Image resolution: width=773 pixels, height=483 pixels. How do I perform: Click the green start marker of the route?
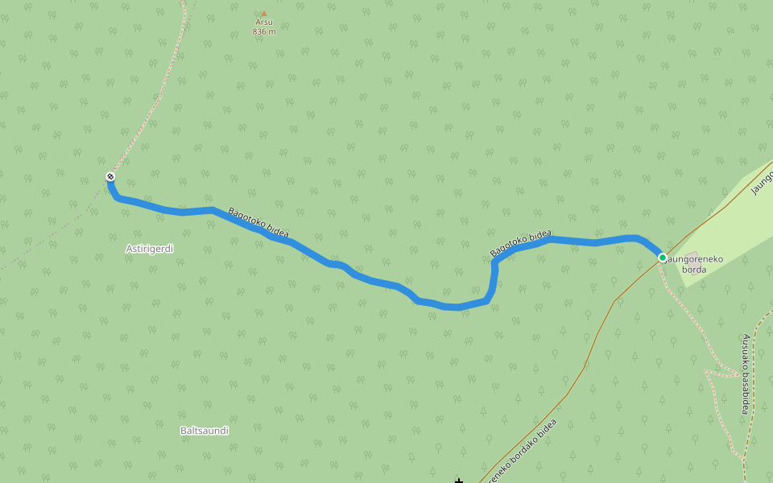point(663,258)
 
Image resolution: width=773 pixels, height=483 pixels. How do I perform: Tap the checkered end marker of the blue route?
point(110,176)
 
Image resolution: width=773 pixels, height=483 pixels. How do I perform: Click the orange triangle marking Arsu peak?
point(263,14)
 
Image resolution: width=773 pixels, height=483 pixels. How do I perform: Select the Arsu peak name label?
point(264,23)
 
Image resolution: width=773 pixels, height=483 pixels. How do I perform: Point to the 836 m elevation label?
point(264,32)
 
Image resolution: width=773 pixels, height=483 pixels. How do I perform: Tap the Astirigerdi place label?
point(150,249)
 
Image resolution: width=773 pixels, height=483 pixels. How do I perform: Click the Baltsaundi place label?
point(205,431)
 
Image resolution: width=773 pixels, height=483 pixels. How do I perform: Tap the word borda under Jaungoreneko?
point(694,270)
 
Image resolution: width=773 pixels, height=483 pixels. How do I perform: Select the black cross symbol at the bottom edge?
point(459,481)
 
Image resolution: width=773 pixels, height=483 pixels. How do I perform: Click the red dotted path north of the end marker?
point(145,121)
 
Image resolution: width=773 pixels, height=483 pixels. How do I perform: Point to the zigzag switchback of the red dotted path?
point(713,373)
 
